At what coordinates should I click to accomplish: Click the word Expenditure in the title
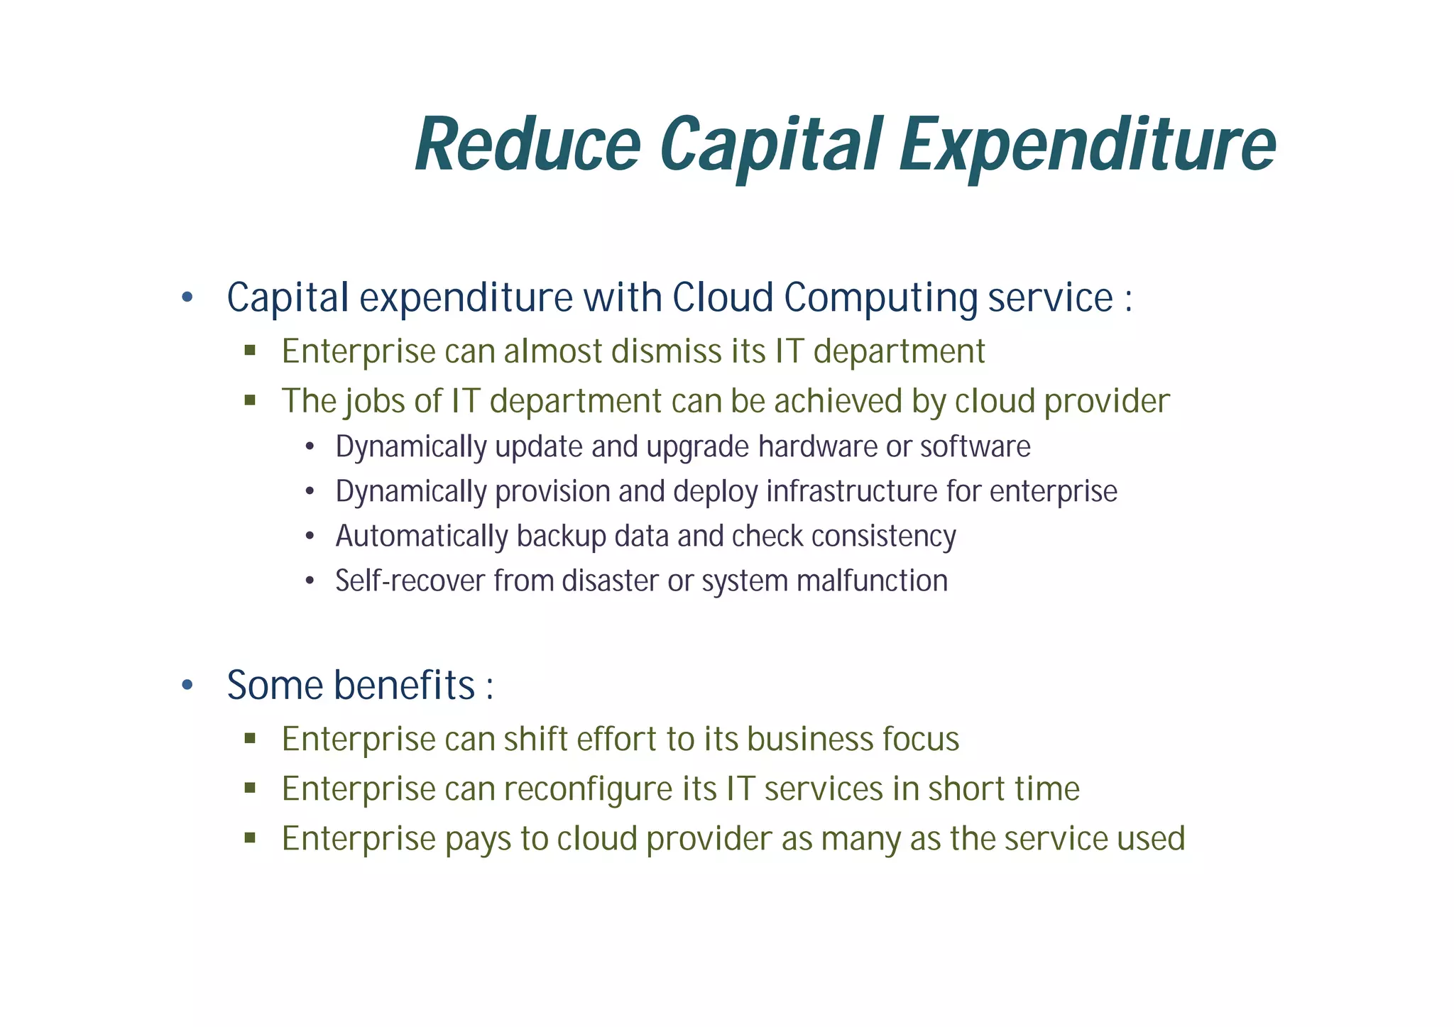pyautogui.click(x=1087, y=145)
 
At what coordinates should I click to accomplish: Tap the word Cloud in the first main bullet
pyautogui.click(x=722, y=297)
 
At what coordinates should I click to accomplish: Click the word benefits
pyautogui.click(x=404, y=686)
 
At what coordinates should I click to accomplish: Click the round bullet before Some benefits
pyautogui.click(x=187, y=686)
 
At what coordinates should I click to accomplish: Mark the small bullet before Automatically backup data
pyautogui.click(x=309, y=537)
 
